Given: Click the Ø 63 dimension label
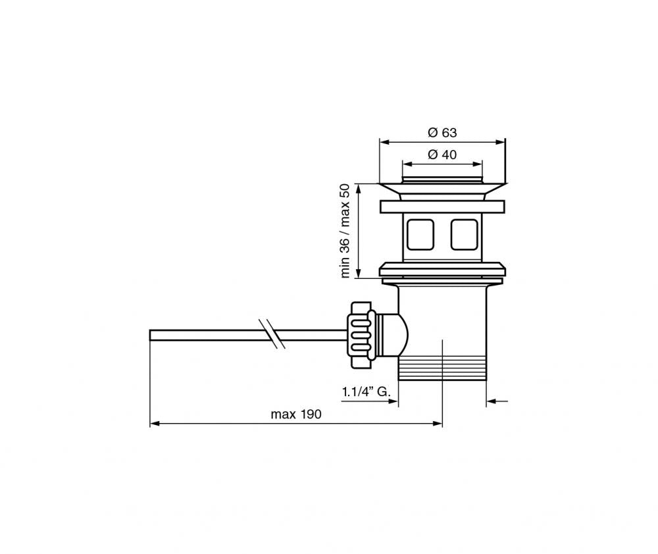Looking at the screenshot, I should (442, 132).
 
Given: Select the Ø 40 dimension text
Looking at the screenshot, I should (442, 155).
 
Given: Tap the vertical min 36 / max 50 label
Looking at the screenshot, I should (344, 230).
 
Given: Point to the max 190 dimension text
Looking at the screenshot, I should (295, 414).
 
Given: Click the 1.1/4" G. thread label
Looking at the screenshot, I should (367, 392).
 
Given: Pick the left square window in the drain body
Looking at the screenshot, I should (419, 235).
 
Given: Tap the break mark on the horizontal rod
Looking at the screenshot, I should (270, 334).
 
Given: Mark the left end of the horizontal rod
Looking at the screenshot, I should (153, 334).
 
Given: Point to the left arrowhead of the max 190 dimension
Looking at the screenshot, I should (155, 424).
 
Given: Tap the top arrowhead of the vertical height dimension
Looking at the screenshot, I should (358, 187).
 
